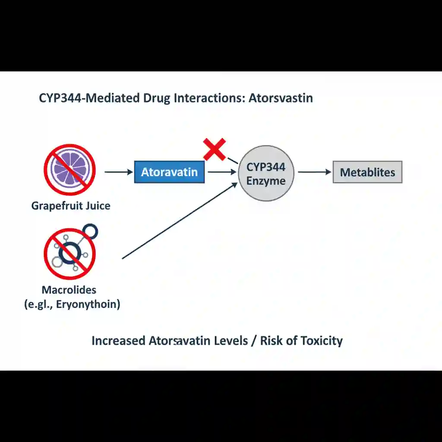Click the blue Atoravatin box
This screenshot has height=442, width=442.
point(169,172)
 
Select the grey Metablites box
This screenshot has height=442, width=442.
point(367,172)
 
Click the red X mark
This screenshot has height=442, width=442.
point(215,149)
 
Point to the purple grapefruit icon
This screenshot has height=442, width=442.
point(69,170)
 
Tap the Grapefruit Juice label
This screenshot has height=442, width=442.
point(71,205)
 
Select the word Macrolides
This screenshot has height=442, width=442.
point(69,290)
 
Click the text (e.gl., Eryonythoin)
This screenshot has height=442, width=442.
point(73,304)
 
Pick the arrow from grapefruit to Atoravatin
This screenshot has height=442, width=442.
point(119,172)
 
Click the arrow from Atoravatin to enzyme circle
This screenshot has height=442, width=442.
point(222,172)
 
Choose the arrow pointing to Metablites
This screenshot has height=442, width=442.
point(314,172)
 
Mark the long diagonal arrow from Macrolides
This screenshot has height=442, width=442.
point(180,221)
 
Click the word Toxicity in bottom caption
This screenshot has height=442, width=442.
point(321,341)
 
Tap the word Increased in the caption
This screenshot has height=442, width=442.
point(118,341)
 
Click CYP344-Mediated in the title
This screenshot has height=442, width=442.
point(89,98)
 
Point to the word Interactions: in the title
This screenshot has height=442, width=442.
point(209,98)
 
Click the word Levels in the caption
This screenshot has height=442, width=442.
point(231,341)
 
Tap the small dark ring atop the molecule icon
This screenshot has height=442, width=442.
point(90,232)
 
